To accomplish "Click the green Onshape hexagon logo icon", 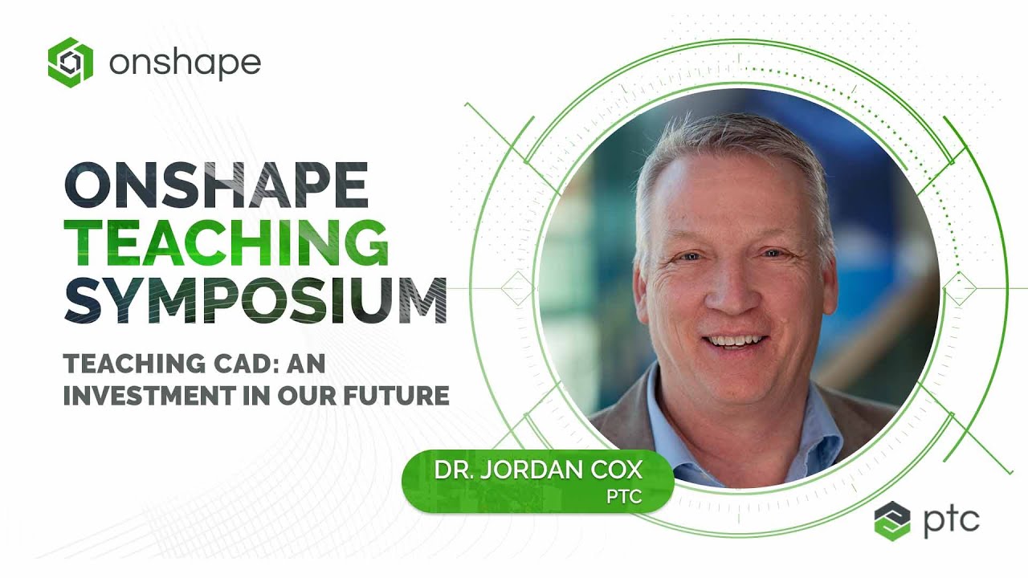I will (71, 62).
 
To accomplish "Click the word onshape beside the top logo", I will (185, 63).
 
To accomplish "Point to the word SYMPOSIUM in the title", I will (255, 299).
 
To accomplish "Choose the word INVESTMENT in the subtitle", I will (153, 396).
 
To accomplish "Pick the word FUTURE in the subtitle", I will (395, 396).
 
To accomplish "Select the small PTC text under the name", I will (625, 497).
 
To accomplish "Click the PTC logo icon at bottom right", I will (892, 521).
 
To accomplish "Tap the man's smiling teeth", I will (732, 340).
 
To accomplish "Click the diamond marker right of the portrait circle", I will (959, 288).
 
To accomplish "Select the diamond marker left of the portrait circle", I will (517, 288).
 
